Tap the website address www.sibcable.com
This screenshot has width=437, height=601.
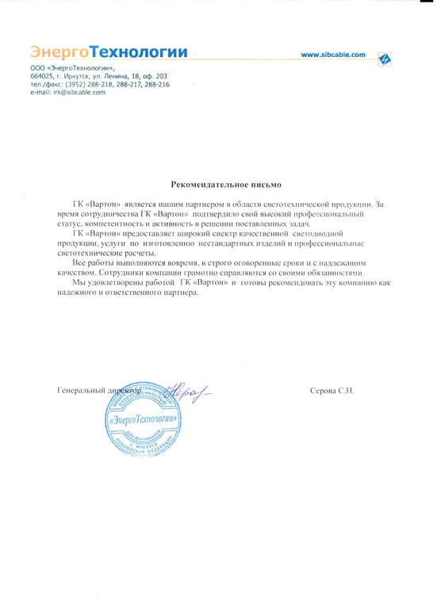334,55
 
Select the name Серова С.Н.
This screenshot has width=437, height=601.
332,392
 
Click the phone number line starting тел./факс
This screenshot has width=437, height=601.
99,85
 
